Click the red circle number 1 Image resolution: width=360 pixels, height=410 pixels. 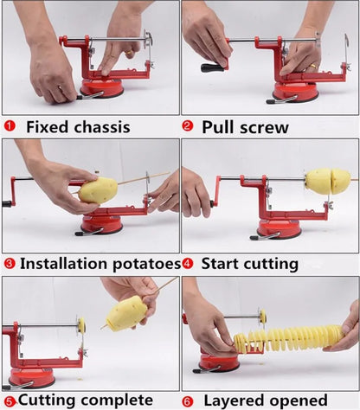tap(10, 126)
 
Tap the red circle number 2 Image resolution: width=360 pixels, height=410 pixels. tap(188, 126)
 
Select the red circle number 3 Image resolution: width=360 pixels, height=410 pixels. tap(10, 263)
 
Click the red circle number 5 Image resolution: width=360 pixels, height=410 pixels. tap(10, 400)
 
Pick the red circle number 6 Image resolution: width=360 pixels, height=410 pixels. tap(188, 400)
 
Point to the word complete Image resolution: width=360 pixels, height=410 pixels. tap(107, 400)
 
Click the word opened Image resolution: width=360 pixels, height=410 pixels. tap(311, 400)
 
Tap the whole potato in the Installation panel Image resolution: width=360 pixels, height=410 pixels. tap(97, 190)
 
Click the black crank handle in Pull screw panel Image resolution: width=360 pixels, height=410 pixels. tap(212, 67)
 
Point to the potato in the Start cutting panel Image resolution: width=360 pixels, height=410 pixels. tap(328, 181)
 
